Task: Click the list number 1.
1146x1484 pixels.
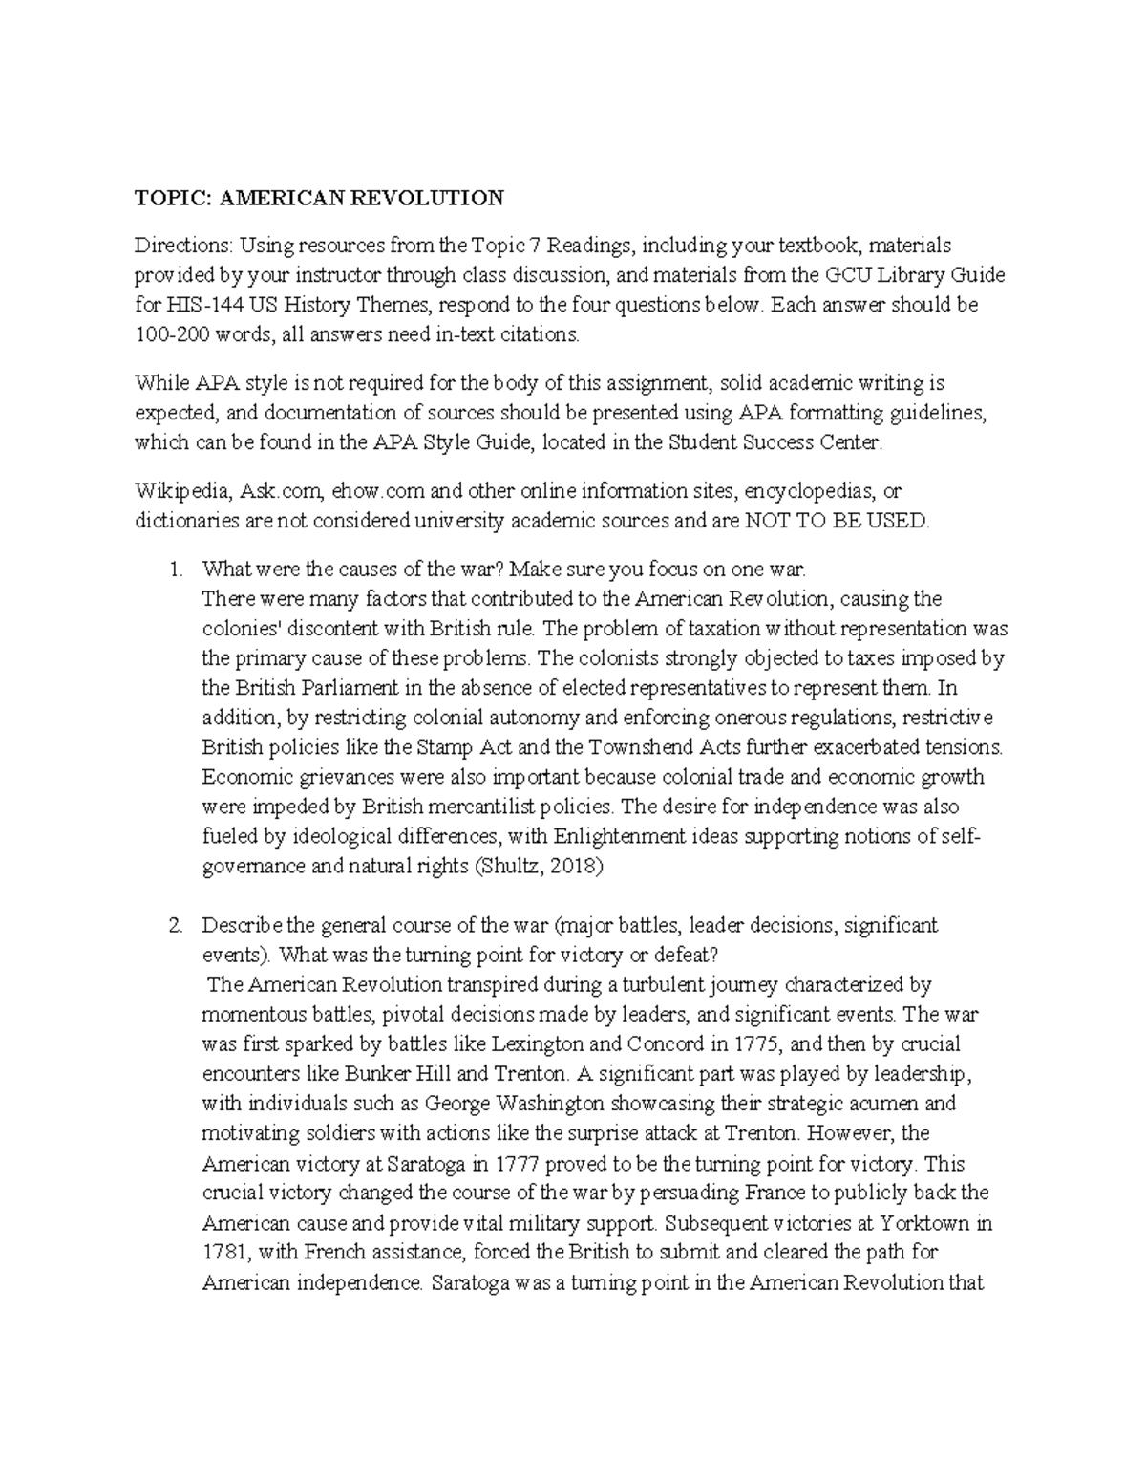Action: point(174,570)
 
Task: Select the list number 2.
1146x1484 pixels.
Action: point(174,925)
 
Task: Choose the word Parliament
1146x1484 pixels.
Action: point(365,688)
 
